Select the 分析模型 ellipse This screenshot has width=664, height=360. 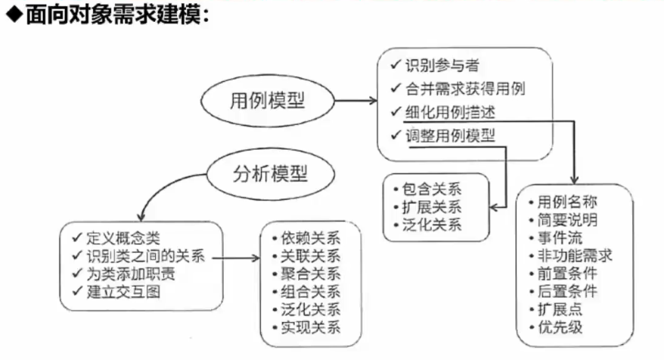tap(269, 175)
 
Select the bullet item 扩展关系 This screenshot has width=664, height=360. tap(431, 206)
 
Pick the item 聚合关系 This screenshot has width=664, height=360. tap(310, 273)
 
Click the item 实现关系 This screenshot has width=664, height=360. tap(310, 327)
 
